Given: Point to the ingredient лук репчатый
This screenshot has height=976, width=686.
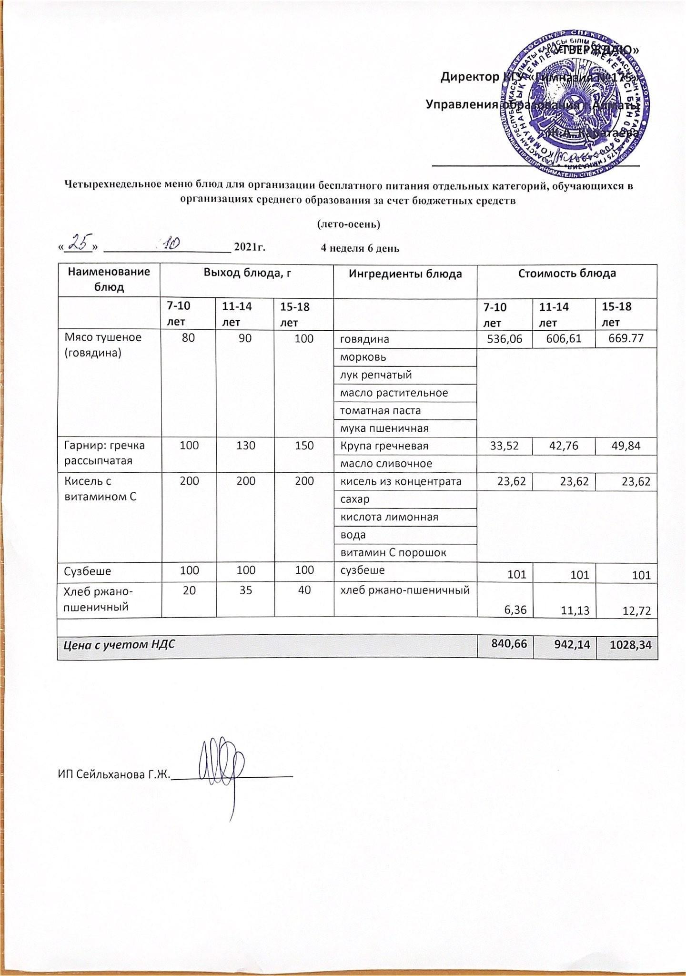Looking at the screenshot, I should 375,375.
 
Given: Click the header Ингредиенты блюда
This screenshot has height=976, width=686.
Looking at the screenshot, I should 405,274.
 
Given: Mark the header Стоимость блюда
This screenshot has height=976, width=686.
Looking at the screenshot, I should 566,274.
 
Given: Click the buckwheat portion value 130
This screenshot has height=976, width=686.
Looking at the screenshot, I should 245,446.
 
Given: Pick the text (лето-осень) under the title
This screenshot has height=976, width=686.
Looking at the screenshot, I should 348,224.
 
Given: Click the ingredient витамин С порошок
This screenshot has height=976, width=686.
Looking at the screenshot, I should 393,553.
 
